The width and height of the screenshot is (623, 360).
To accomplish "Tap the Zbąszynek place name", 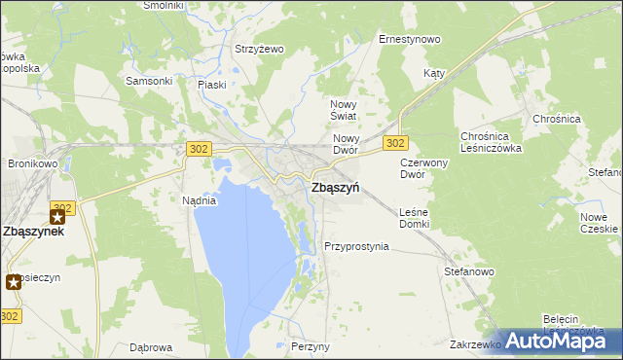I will (x=33, y=233).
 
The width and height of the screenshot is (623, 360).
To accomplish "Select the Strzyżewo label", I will (x=258, y=49).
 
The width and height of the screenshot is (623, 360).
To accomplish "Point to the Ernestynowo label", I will (x=409, y=40).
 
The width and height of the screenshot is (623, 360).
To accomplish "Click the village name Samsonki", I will (x=149, y=81).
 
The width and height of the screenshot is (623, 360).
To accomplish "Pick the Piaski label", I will (x=211, y=85).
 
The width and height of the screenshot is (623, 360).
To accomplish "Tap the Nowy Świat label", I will (x=345, y=110).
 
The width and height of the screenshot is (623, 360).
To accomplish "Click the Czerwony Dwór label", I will (x=423, y=168).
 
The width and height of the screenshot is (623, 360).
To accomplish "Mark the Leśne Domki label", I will (x=414, y=218).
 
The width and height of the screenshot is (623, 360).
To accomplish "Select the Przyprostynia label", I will (x=356, y=247).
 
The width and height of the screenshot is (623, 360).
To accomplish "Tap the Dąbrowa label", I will (x=151, y=347).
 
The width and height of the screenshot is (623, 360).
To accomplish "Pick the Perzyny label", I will (x=311, y=346).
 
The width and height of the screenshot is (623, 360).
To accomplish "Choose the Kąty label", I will (x=434, y=74).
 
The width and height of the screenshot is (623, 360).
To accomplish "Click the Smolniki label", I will (x=164, y=5).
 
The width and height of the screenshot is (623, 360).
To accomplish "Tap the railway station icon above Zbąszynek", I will (x=57, y=216).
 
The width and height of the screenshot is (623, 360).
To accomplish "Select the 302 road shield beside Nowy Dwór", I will (x=394, y=143).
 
